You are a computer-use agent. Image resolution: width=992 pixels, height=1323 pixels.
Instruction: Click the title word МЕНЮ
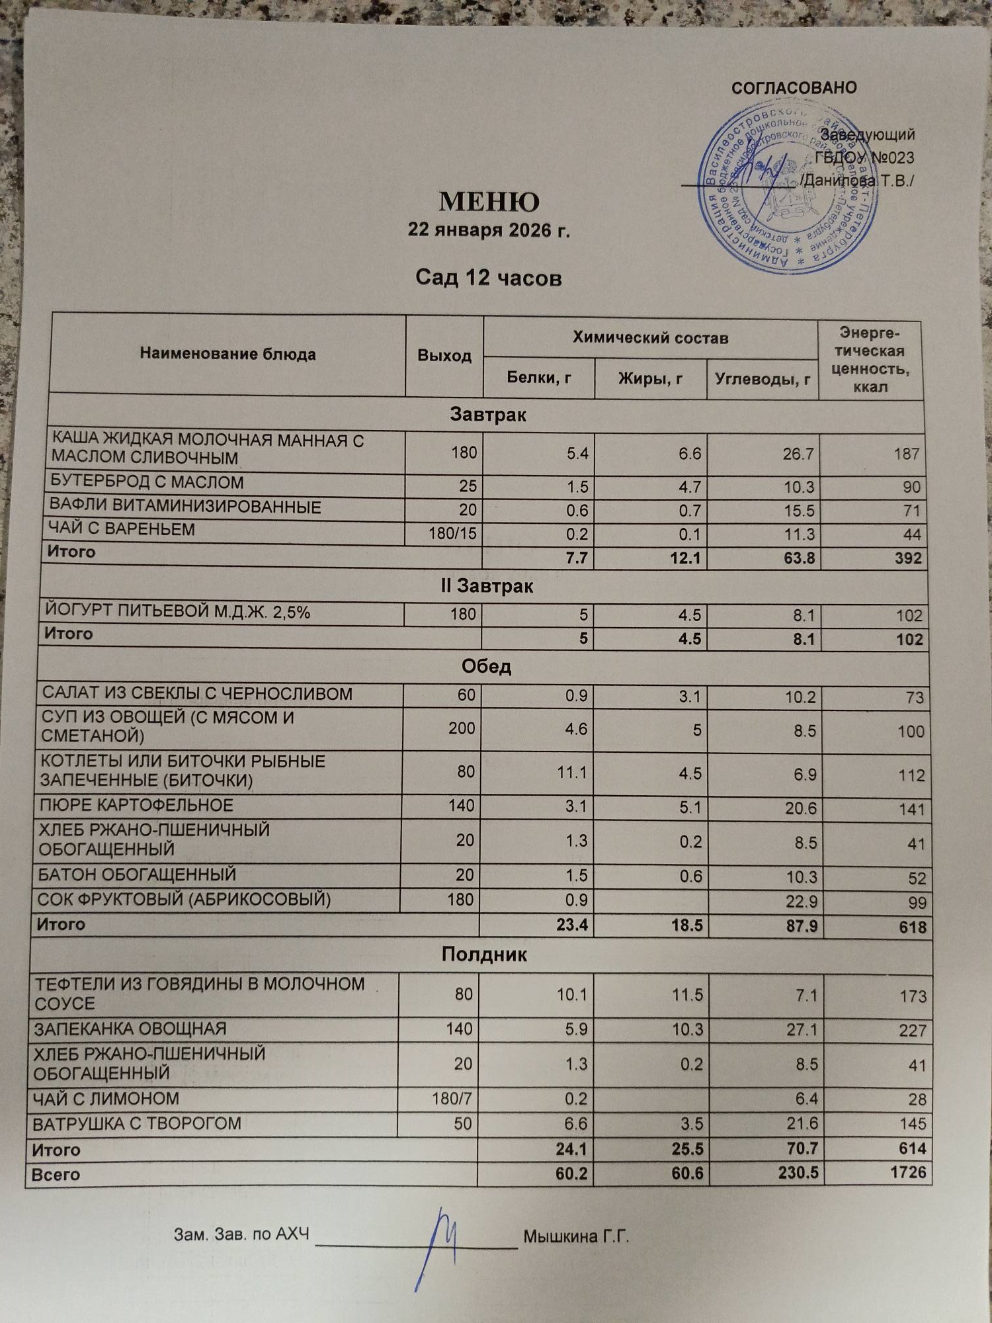[489, 202]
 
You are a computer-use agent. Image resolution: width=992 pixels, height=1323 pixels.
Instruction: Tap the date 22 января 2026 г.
[489, 230]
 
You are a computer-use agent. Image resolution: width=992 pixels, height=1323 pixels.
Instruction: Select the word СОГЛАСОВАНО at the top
[794, 88]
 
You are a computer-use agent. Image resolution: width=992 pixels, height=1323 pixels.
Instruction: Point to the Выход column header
[444, 356]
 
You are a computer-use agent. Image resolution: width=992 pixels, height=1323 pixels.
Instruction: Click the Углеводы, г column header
[763, 379]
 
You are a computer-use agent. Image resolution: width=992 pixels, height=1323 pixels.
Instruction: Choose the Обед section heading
[485, 666]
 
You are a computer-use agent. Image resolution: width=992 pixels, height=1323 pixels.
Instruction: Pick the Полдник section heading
[484, 955]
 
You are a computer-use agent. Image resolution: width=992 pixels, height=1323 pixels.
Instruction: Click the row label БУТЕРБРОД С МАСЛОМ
[147, 482]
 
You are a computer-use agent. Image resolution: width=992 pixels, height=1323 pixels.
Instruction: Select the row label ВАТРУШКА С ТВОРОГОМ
[137, 1123]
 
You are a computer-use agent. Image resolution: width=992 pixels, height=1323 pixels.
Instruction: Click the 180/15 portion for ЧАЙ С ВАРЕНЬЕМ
[452, 533]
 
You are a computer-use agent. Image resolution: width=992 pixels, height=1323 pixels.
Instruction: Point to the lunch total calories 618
[912, 927]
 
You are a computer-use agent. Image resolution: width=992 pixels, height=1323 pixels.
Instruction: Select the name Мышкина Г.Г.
[575, 1235]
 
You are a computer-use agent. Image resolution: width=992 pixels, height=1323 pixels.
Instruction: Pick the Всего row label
[56, 1175]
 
